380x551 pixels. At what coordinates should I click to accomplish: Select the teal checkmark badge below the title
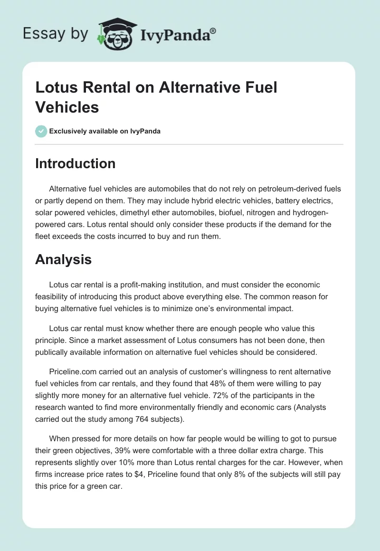click(x=41, y=131)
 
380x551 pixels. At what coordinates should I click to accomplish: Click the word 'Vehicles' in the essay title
click(x=67, y=107)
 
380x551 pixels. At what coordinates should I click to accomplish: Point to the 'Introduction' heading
click(x=76, y=163)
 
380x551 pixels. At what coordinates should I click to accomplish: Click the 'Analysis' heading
click(x=63, y=260)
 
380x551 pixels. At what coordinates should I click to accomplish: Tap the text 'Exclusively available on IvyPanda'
click(x=104, y=132)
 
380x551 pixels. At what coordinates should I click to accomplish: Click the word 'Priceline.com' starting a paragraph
click(x=72, y=371)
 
